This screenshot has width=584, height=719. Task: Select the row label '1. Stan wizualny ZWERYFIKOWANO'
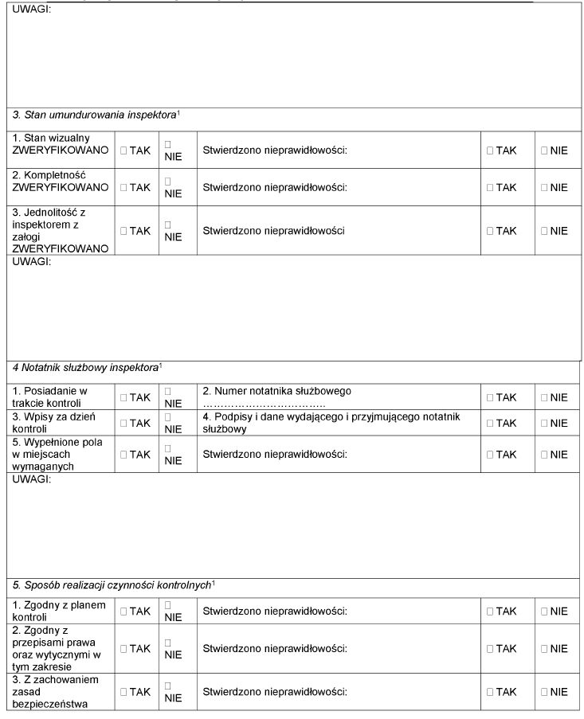61,144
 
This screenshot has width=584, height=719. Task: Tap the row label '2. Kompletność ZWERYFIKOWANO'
61,181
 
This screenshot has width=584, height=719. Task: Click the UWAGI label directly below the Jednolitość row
32,261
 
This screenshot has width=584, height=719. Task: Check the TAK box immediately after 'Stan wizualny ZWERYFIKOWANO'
123,150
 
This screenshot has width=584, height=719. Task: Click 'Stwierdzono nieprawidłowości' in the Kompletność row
275,188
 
